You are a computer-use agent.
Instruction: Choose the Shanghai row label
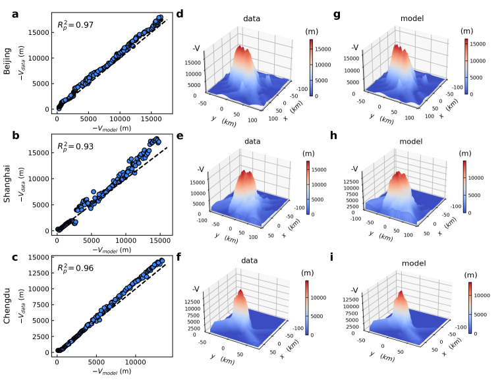7,184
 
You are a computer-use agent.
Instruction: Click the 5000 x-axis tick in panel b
92,240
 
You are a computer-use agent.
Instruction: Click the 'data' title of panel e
250,140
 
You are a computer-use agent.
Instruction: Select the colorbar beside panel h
465,188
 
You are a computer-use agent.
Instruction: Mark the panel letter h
331,136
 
